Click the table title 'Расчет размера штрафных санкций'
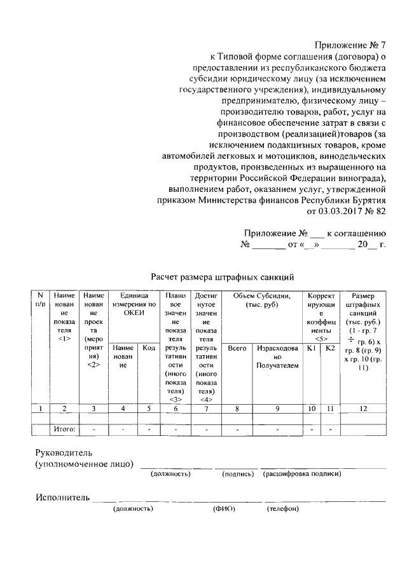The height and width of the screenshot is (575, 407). pos(222,277)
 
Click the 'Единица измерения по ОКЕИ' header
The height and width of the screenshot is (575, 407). pos(134,304)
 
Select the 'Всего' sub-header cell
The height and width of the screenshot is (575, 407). pos(237,348)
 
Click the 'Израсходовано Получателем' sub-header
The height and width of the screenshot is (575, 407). pos(278,357)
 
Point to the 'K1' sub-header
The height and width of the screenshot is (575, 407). pos(311,348)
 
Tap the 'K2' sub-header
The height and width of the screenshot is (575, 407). pos(329,348)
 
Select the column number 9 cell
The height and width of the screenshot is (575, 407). pos(278,409)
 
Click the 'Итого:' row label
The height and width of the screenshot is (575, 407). pos(64,430)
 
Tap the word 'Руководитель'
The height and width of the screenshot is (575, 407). pos(64,453)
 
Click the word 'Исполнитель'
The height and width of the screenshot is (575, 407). pos(62,497)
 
